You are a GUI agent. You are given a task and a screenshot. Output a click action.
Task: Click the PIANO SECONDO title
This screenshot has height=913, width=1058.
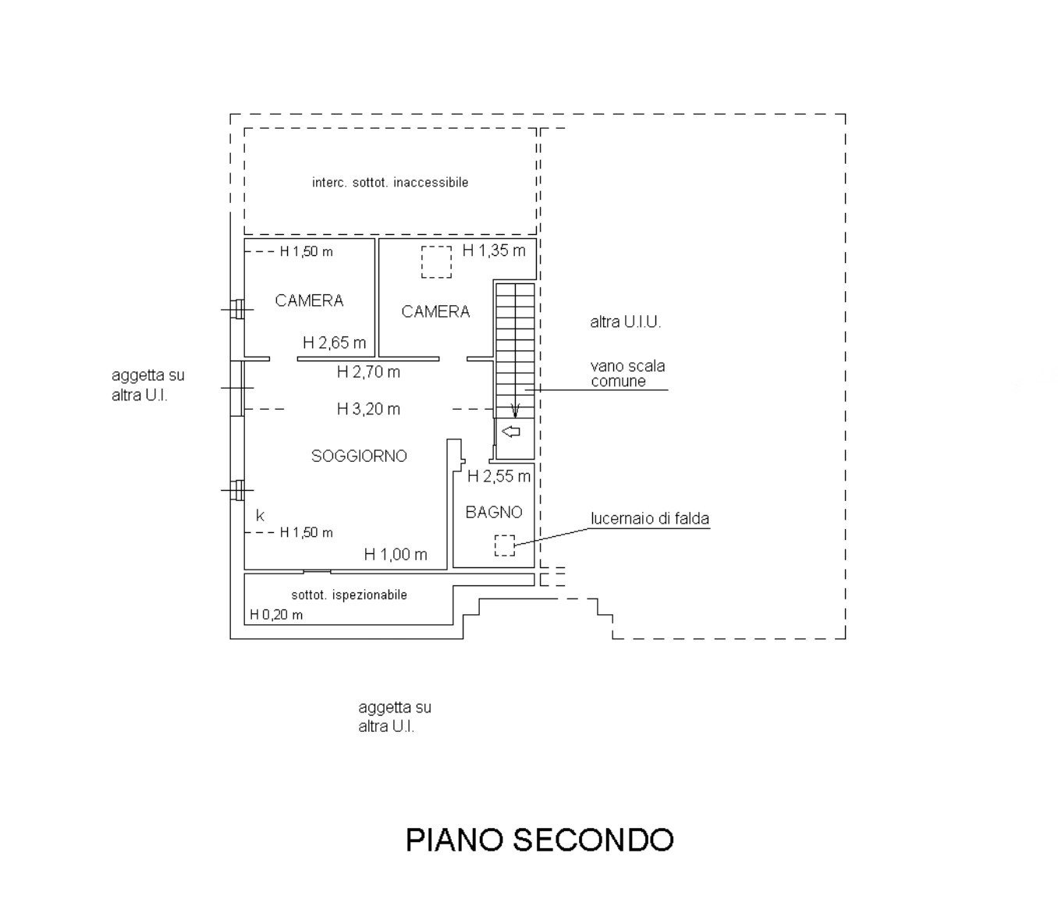(x=539, y=840)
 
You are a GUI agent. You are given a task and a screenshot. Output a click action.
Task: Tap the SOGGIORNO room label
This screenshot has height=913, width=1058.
(x=359, y=456)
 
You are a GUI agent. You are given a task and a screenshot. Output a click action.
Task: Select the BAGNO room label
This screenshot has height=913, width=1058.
(x=494, y=513)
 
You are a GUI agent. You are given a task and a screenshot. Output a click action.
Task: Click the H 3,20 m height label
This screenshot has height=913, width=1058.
(x=368, y=409)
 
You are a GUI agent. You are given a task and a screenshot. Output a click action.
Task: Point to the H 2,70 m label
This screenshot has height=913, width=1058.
(x=368, y=372)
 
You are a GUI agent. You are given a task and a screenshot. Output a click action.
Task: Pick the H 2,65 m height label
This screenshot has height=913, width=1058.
(x=334, y=343)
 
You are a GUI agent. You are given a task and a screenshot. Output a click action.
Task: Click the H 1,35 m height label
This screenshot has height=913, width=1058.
(x=494, y=250)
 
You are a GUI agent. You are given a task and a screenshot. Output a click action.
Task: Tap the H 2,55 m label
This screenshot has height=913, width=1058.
(x=499, y=476)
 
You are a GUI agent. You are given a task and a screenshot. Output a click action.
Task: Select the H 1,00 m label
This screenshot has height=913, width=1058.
(x=396, y=555)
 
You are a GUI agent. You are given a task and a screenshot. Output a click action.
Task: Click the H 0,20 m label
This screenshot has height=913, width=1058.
(x=276, y=615)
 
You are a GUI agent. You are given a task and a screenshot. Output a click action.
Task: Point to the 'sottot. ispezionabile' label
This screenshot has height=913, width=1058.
(x=349, y=595)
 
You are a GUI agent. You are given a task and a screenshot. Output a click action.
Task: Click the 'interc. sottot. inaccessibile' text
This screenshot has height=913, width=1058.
(x=390, y=183)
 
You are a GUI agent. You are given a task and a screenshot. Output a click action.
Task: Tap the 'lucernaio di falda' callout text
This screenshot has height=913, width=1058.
(x=650, y=519)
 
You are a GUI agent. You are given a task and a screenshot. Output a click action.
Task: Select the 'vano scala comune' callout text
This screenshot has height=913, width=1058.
(x=627, y=373)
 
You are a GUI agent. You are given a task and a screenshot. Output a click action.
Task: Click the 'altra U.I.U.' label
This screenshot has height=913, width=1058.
(x=625, y=322)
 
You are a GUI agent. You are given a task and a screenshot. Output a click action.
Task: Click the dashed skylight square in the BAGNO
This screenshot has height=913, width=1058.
(x=505, y=545)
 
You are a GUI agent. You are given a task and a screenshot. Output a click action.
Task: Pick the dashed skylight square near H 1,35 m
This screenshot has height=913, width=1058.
(x=436, y=262)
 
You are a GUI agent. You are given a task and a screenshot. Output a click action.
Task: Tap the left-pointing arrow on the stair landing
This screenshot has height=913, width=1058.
(x=512, y=432)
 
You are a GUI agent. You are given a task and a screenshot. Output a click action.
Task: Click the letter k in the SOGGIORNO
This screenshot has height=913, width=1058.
(x=260, y=516)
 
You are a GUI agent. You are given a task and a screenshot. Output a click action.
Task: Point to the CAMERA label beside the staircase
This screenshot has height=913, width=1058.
(x=435, y=312)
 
